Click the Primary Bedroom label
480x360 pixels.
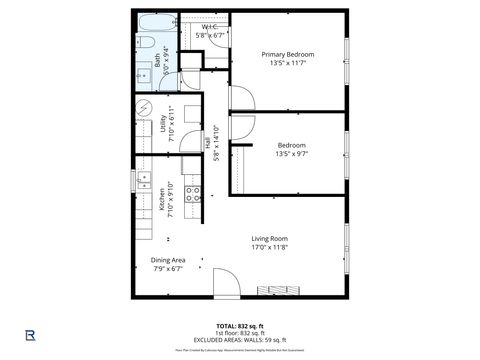(288, 54)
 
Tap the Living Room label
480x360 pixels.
(269, 238)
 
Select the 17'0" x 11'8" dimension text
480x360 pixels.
(269, 247)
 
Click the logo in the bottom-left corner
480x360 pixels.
(31, 333)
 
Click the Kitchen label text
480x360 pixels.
(162, 200)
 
